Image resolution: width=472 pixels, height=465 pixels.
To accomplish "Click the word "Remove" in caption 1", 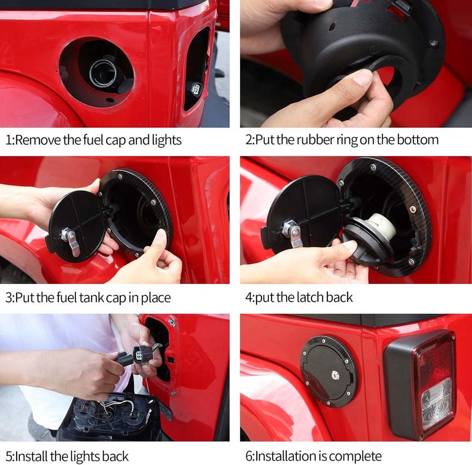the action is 38,140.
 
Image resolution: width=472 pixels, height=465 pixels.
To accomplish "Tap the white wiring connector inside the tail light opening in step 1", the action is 196,89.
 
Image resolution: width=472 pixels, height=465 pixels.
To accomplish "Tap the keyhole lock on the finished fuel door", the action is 335,375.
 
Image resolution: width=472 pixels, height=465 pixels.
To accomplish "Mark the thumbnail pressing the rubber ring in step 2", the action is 362,77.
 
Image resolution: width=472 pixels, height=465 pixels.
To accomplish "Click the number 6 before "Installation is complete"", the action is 248,456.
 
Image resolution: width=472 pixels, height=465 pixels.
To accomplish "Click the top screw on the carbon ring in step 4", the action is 373,167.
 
